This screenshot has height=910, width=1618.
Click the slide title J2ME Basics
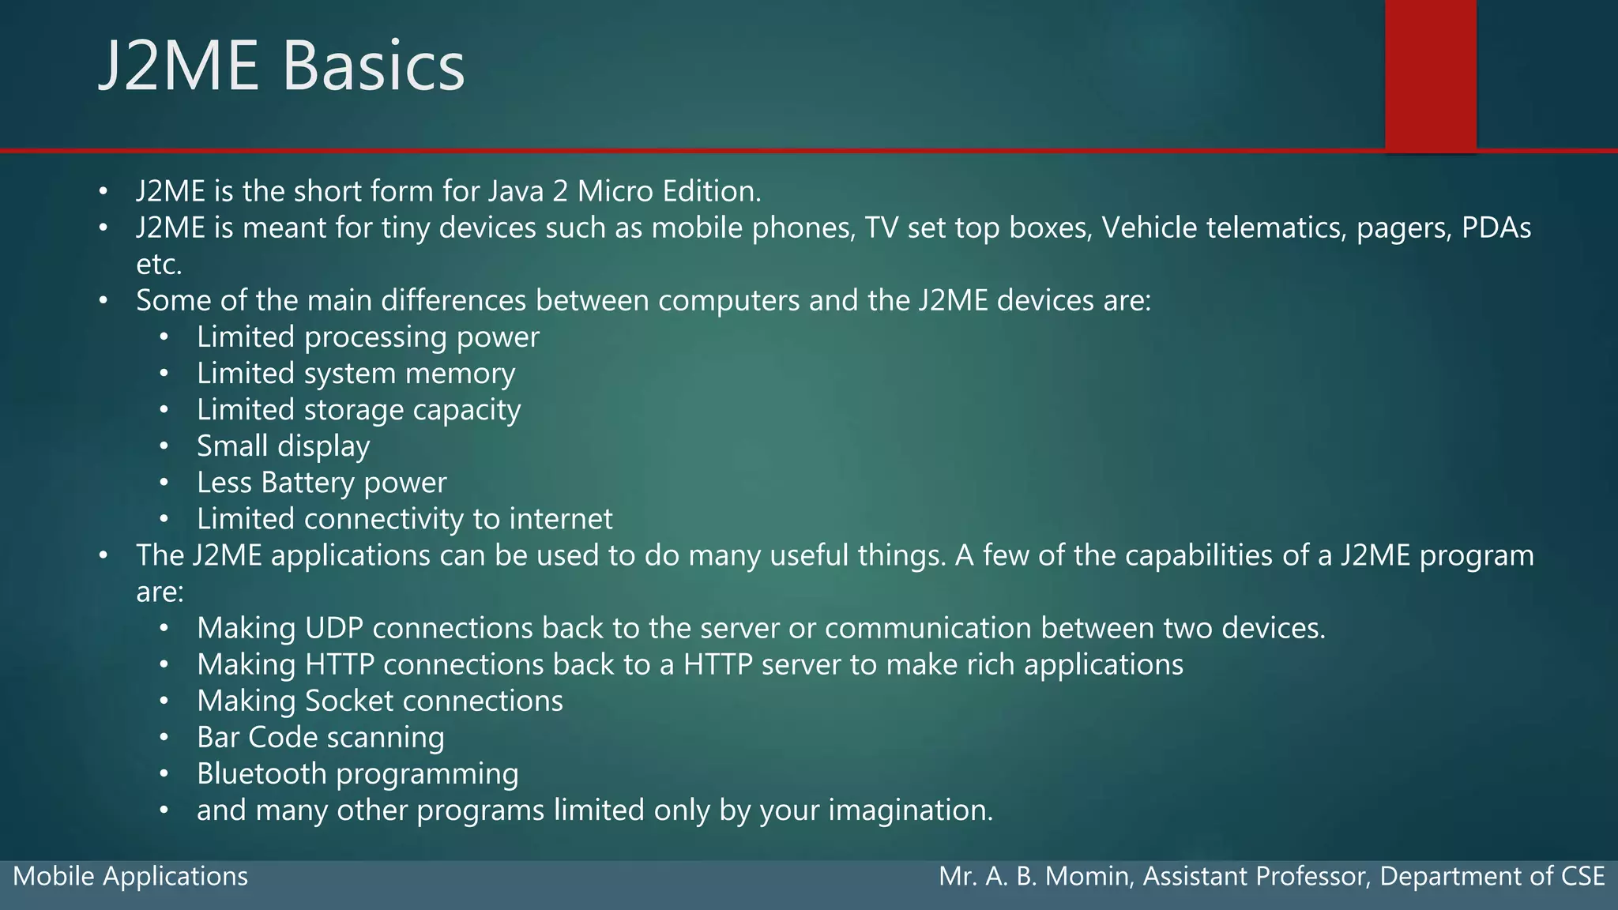coord(282,66)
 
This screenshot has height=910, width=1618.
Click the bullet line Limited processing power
coord(367,337)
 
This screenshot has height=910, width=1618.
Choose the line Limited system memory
coord(356,374)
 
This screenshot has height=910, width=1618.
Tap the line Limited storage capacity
coord(359,410)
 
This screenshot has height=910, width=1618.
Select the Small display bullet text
coord(283,446)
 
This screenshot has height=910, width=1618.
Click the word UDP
coord(334,628)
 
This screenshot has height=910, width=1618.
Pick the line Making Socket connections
coord(379,701)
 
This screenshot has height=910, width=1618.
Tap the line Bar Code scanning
coord(320,737)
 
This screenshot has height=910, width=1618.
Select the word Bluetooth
coord(262,773)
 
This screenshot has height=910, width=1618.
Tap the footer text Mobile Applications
coord(130,876)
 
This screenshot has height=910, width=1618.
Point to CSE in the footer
coord(1582,876)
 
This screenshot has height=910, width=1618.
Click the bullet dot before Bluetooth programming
coord(164,774)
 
